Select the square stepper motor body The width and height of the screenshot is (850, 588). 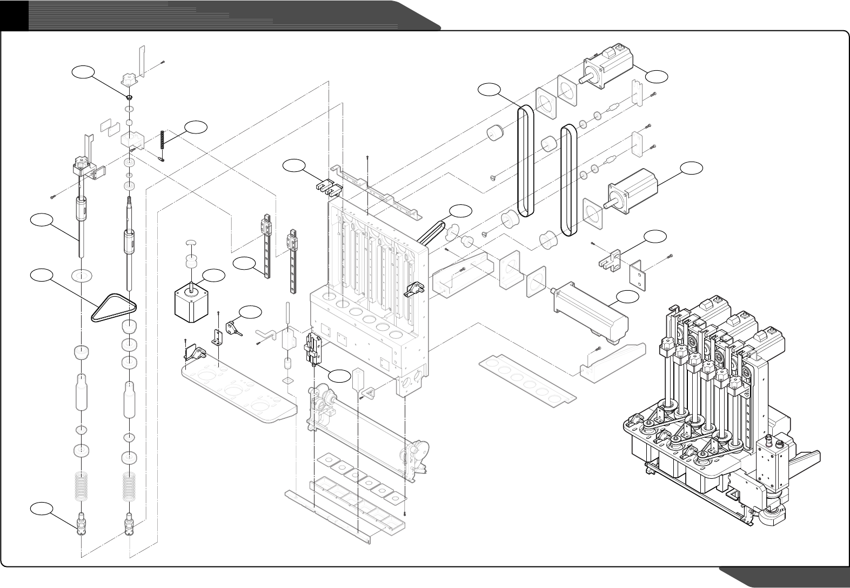189,304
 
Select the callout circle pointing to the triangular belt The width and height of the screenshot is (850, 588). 42,276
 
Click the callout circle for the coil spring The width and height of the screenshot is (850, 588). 196,127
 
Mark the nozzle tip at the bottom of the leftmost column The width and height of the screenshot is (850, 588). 81,523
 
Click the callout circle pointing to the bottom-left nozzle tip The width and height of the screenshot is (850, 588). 42,509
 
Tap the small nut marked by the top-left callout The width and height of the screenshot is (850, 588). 130,97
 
